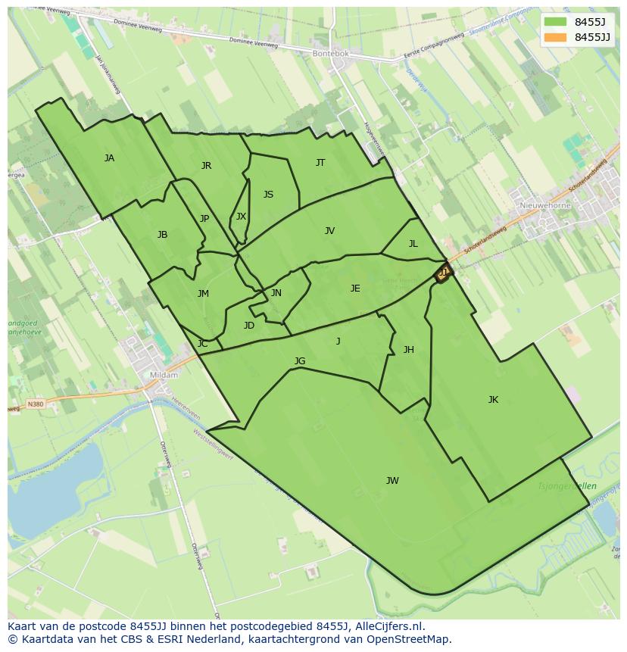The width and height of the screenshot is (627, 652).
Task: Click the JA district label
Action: coord(109,158)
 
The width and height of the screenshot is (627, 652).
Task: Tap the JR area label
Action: coord(206,166)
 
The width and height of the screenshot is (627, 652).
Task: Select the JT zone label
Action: coord(320,163)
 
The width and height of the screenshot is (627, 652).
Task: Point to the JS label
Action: coord(268,195)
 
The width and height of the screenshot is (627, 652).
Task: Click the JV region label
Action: coord(329,231)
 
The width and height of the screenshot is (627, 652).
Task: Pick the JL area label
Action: coord(413,244)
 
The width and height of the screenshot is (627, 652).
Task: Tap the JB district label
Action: coord(162,235)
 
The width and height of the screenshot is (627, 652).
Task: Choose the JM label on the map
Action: coord(203,294)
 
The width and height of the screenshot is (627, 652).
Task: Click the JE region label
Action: coord(355,289)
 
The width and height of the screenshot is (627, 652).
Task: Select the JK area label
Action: coord(493,400)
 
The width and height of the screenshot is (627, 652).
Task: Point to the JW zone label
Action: coord(392,481)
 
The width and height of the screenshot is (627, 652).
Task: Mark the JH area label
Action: coord(408,350)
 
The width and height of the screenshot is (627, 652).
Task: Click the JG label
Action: coord(300,361)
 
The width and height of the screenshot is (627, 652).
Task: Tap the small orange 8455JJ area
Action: coord(442,273)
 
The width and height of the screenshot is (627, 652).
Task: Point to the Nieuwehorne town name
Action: coord(545,205)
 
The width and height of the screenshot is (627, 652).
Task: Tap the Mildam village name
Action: coord(164,375)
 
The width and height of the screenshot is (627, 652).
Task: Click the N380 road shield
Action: coord(36,404)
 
